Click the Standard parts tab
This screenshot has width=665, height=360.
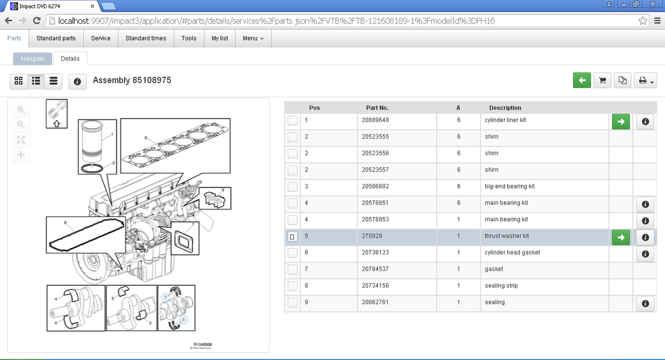[56, 38]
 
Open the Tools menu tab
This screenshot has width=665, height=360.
[189, 38]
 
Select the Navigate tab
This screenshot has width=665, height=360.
[32, 59]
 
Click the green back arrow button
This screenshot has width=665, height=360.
[581, 81]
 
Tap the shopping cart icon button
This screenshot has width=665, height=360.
[602, 81]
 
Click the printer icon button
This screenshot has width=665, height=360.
[645, 81]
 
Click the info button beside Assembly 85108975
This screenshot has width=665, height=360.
[77, 82]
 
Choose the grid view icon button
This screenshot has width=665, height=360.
[19, 81]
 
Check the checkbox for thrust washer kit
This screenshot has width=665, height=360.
[292, 237]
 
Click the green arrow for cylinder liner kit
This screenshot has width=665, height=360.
[621, 122]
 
